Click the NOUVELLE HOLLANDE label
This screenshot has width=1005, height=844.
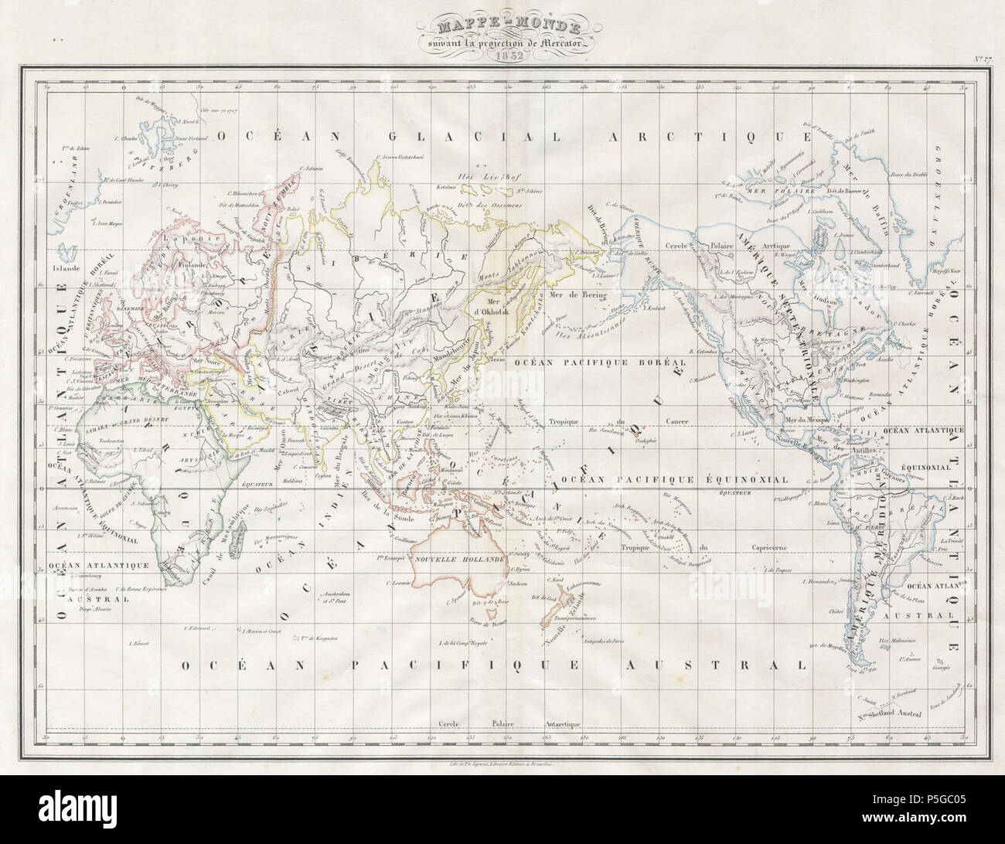click(460, 557)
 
